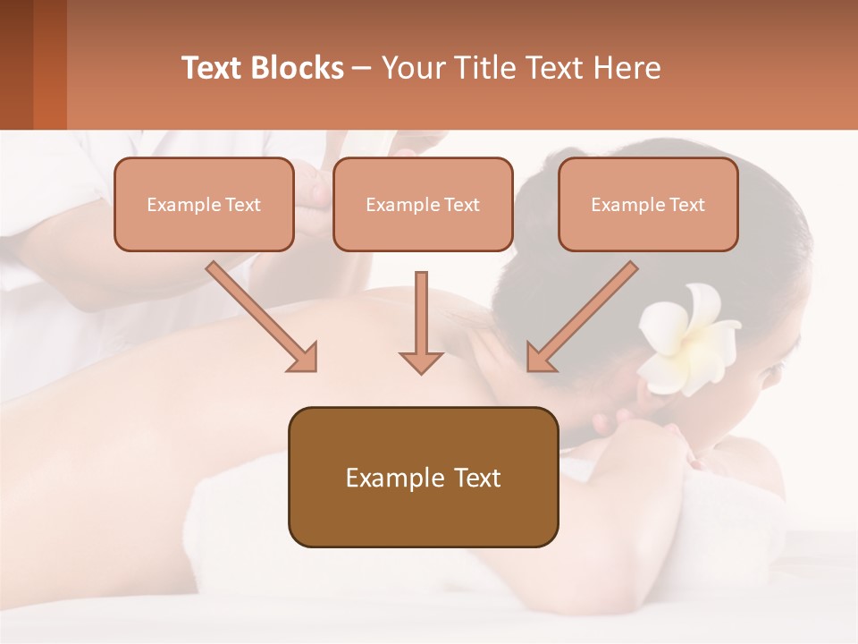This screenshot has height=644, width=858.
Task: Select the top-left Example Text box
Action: [x=204, y=204]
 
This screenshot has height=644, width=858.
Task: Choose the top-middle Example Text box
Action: [x=423, y=204]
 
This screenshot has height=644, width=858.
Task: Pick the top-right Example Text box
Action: [x=648, y=204]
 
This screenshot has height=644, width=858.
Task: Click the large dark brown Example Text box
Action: [x=423, y=477]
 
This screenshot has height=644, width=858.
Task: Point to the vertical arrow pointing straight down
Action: [x=421, y=322]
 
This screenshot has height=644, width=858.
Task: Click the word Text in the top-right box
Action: [x=686, y=205]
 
